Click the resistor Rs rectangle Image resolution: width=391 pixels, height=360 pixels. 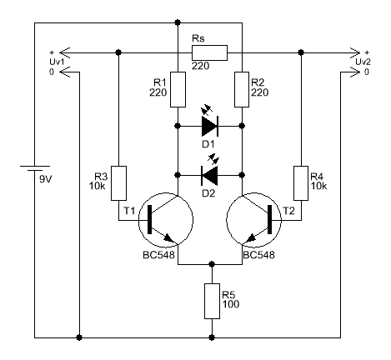pos(209,52)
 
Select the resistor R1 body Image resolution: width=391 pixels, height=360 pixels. pos(178,89)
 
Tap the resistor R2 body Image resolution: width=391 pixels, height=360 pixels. pos(242,89)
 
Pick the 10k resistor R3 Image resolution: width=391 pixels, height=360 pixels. pos(118,183)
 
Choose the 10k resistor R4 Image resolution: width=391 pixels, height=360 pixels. pos(301,183)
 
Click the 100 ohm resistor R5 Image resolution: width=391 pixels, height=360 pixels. pos(212,301)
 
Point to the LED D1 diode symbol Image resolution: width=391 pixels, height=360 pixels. pos(210,126)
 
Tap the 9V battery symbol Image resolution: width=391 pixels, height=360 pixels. pos(35,168)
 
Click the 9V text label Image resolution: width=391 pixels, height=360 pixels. pos(45,179)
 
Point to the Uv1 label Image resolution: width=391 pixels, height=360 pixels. pos(57,62)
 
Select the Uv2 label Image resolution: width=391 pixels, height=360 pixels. pos(363,62)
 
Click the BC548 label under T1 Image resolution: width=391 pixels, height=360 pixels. pos(158,255)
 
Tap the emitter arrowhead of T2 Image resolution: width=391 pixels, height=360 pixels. pos(251,238)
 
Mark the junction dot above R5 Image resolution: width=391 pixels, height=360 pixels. pos(212,264)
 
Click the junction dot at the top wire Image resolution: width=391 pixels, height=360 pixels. pos(178,22)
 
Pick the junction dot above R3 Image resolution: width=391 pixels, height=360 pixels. pos(118,52)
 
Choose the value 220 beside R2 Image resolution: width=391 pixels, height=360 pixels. pos(260,92)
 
